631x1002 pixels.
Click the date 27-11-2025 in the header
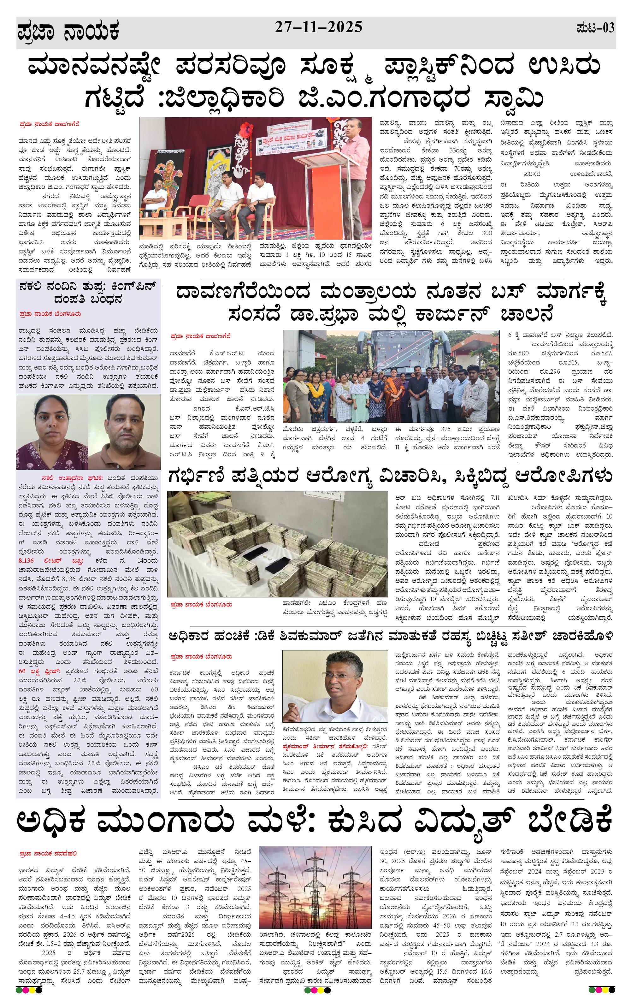point(318,27)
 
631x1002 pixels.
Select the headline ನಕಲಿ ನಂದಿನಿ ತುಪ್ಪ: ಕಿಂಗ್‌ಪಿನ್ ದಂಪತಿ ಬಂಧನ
point(88,293)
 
